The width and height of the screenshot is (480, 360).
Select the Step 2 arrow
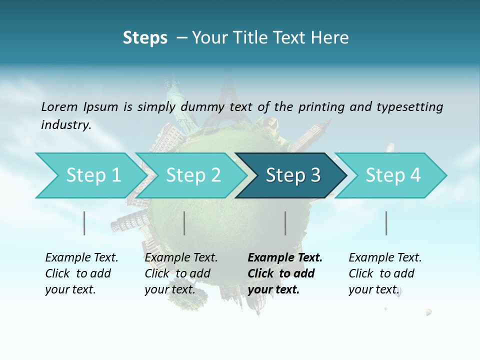pyautogui.click(x=192, y=175)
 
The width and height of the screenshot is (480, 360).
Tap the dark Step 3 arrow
pyautogui.click(x=292, y=175)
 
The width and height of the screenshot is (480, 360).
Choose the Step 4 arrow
pyautogui.click(x=392, y=175)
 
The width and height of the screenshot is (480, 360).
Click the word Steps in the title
pyautogui.click(x=145, y=38)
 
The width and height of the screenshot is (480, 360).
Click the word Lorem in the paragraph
pyautogui.click(x=59, y=106)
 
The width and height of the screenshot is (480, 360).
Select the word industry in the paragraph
pyautogui.click(x=65, y=125)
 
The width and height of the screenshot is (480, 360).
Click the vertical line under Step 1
pyautogui.click(x=84, y=223)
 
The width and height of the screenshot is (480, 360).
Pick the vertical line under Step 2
pyautogui.click(x=184, y=223)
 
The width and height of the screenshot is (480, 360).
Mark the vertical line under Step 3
pyautogui.click(x=285, y=223)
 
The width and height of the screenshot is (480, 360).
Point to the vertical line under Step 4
pyautogui.click(x=386, y=223)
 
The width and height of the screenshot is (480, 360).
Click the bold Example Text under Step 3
pyautogui.click(x=285, y=258)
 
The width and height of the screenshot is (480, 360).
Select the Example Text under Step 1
pyautogui.click(x=81, y=258)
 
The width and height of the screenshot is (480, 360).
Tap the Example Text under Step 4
pyautogui.click(x=385, y=258)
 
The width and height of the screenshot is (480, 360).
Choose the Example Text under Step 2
pyautogui.click(x=181, y=258)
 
